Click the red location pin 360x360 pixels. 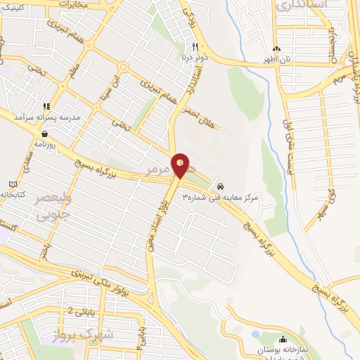coord(181,165)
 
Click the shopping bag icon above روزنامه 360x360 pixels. coord(45,131)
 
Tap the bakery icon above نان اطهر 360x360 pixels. coord(276,49)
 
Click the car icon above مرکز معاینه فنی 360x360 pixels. coord(221,186)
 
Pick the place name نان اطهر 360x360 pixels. coord(276,60)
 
